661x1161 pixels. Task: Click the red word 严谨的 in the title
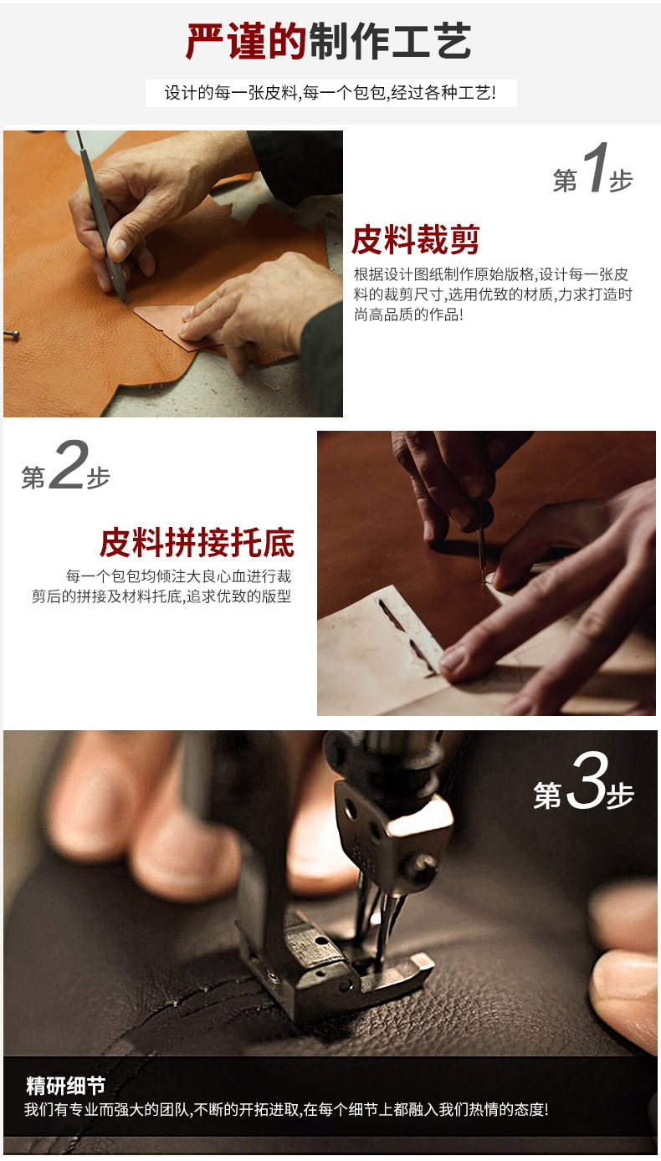pos(246,41)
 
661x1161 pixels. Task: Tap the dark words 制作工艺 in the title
pos(390,41)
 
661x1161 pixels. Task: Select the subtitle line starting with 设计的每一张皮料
pos(330,93)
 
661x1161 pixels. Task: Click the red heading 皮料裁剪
pos(415,240)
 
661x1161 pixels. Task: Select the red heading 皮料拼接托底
pos(197,542)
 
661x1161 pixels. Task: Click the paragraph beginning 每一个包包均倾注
pos(162,586)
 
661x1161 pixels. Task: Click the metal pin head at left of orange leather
pos(12,335)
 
